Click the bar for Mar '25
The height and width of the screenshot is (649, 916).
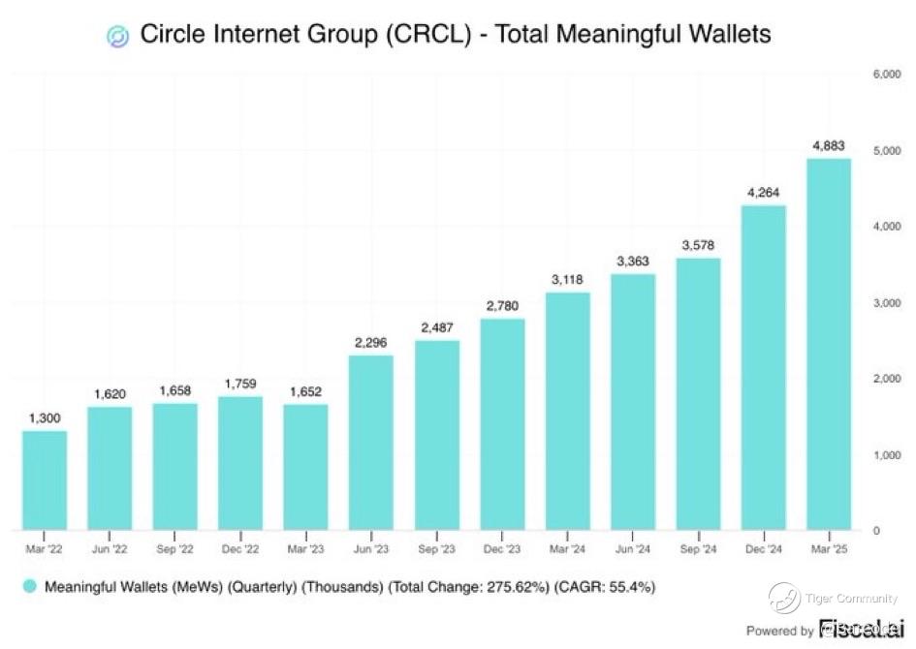tap(829, 344)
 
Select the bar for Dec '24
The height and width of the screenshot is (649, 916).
tap(763, 368)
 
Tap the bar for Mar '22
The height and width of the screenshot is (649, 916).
tap(45, 480)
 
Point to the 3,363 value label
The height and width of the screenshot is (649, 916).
tap(632, 262)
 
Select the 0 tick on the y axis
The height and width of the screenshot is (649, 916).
tap(876, 531)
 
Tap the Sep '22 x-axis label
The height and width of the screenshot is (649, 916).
tap(175, 549)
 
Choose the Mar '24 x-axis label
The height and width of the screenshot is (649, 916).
tap(567, 549)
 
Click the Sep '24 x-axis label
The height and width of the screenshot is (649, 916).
tap(698, 549)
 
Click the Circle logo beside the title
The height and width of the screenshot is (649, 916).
tap(117, 36)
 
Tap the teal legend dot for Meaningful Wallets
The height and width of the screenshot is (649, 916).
tap(29, 587)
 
